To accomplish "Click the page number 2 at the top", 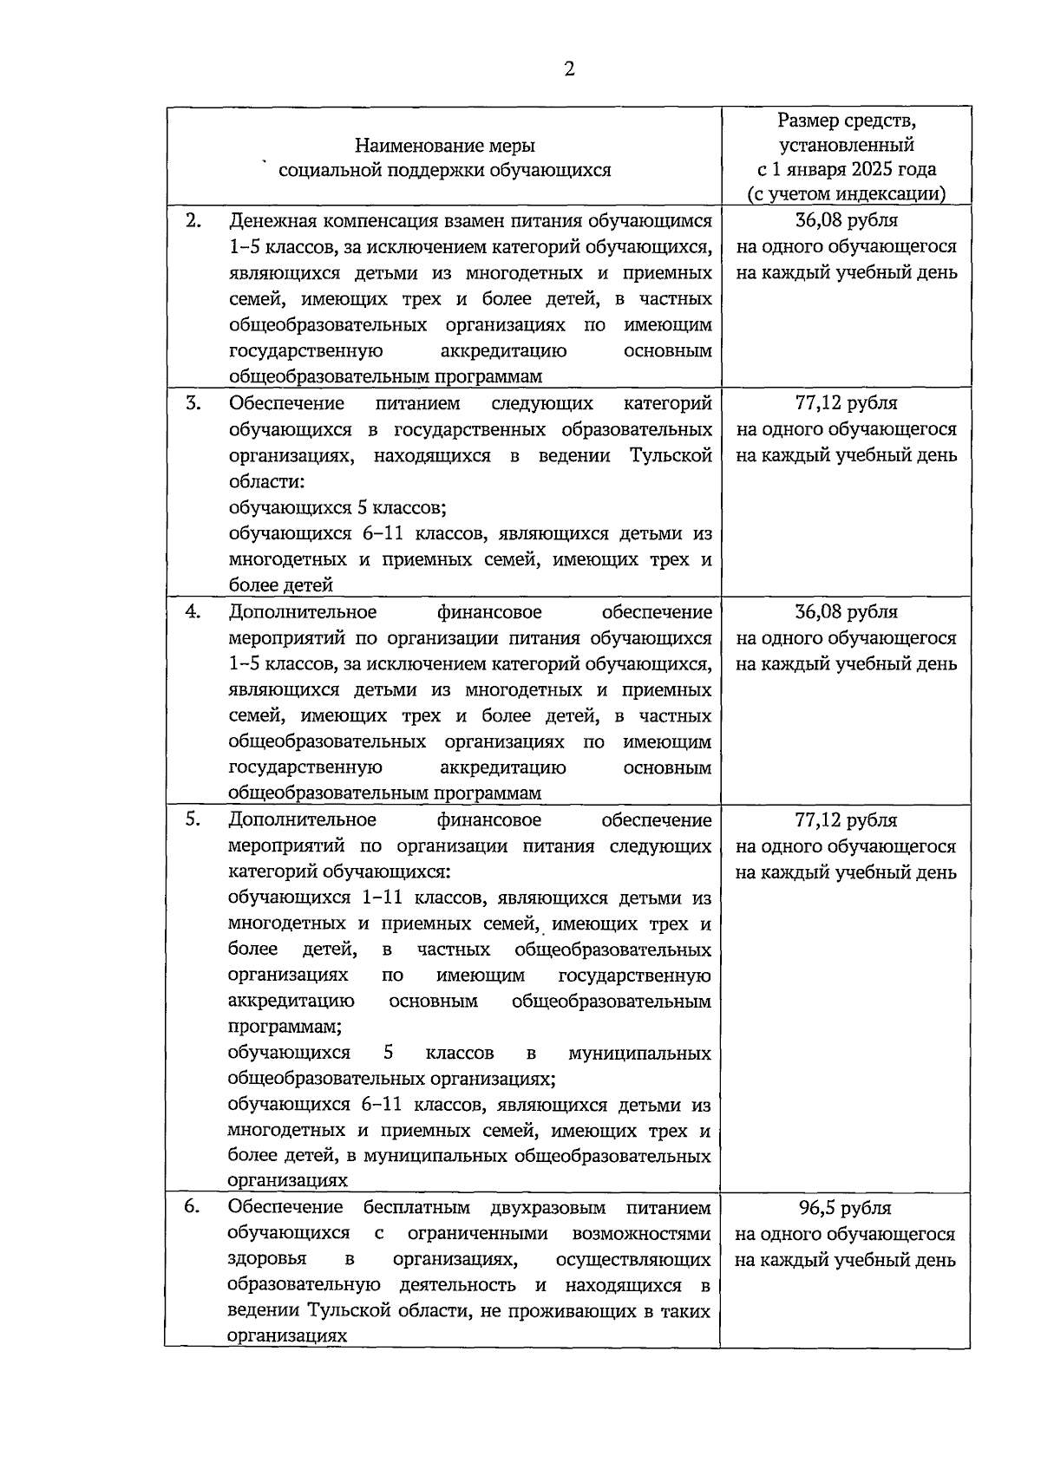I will (x=569, y=69).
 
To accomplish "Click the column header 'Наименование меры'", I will (x=444, y=145).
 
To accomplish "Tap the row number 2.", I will (x=193, y=221).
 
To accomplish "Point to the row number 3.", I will (x=193, y=403).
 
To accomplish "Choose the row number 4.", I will (x=193, y=612).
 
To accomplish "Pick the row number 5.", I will (x=193, y=819).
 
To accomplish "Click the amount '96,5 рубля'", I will (x=845, y=1208).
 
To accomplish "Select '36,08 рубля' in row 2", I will (x=846, y=221).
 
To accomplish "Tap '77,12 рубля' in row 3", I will (x=846, y=403).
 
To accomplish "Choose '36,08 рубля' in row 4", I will (x=846, y=612).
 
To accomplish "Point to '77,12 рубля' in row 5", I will (x=846, y=820).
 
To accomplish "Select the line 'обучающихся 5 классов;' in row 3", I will (x=337, y=507).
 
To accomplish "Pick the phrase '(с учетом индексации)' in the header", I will (x=846, y=194).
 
